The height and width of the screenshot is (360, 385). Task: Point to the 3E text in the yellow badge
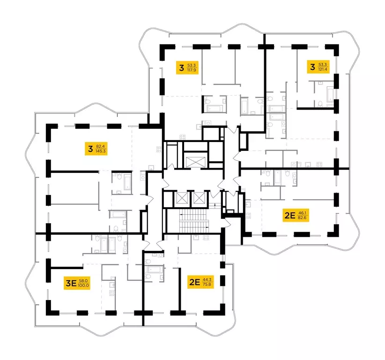click(x=71, y=283)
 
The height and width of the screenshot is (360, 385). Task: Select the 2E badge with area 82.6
click(x=296, y=216)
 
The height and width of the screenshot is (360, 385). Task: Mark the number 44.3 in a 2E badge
click(x=207, y=280)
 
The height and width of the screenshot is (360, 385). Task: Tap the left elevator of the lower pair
click(x=180, y=199)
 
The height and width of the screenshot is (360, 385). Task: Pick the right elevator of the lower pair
click(x=199, y=199)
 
